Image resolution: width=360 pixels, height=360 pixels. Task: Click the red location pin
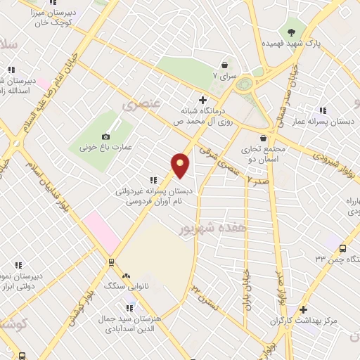click(181, 165)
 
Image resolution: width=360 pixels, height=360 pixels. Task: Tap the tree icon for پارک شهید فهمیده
click(291, 31)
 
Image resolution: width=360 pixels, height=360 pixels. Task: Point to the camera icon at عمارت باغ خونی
click(106, 136)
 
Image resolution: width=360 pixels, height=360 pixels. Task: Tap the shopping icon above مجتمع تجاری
click(264, 138)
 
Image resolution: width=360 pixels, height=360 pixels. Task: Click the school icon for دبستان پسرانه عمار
click(323, 110)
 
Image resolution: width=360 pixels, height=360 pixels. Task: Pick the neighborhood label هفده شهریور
click(205, 229)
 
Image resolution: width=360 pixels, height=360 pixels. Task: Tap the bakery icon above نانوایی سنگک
click(127, 276)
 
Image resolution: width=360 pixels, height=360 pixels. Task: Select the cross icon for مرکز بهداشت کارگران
click(303, 309)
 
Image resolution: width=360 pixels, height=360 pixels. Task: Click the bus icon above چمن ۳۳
click(342, 248)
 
